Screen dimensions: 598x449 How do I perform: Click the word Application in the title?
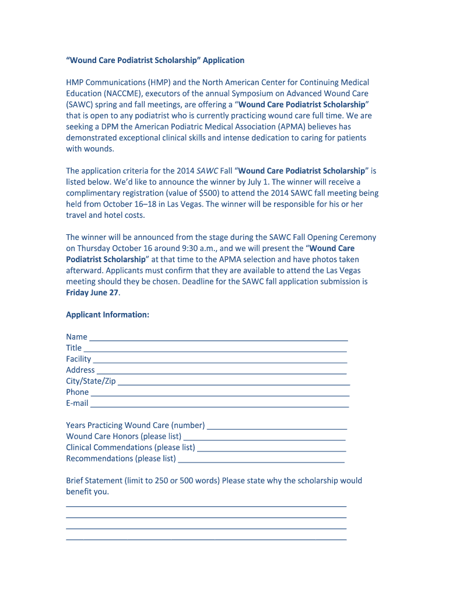(x=223, y=60)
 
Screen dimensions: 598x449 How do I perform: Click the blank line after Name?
(x=219, y=338)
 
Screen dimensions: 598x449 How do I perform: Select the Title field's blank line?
(x=215, y=349)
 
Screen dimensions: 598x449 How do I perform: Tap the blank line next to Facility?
(x=220, y=360)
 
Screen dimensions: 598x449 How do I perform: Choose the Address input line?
(x=222, y=371)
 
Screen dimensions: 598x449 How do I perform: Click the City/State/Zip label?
(x=91, y=381)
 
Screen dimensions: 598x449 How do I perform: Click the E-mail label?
(x=77, y=403)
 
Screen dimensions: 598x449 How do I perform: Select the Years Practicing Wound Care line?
(x=277, y=427)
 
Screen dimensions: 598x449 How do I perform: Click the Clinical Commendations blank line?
(x=272, y=449)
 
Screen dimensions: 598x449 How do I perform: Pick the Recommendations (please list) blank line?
(x=261, y=460)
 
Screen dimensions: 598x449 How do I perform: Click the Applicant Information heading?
(x=107, y=315)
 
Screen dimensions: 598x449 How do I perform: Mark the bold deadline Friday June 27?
(x=92, y=293)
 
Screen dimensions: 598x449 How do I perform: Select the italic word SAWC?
(x=208, y=171)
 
